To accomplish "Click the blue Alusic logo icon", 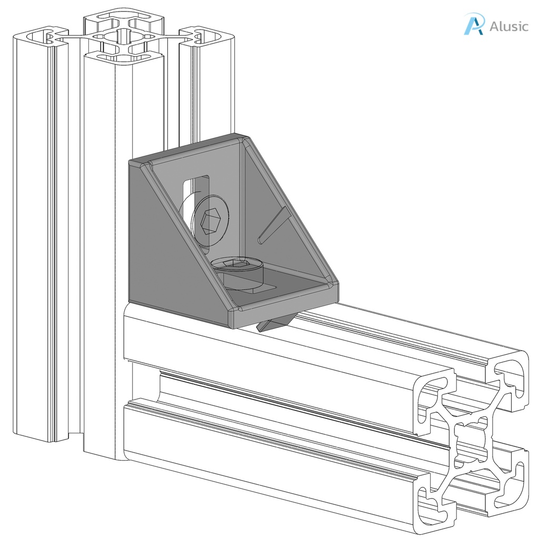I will (473, 25).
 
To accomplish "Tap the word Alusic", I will (508, 26).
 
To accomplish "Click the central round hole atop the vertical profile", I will (123, 37).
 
